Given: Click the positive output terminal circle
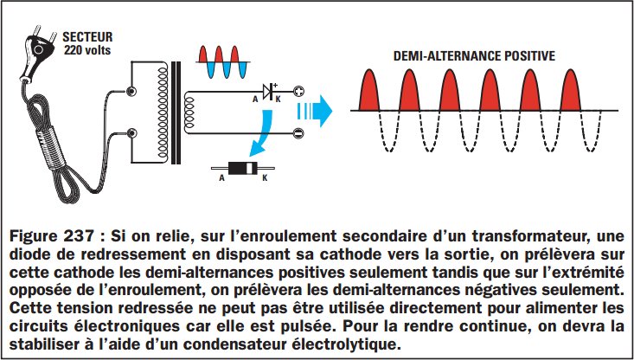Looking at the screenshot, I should click(x=298, y=91).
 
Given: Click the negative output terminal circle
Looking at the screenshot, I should click(x=298, y=133).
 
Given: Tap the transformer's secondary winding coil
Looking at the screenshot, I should click(x=200, y=112).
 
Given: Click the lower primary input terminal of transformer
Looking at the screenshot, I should click(x=131, y=133).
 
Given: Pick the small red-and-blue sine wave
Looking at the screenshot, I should click(x=224, y=62).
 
